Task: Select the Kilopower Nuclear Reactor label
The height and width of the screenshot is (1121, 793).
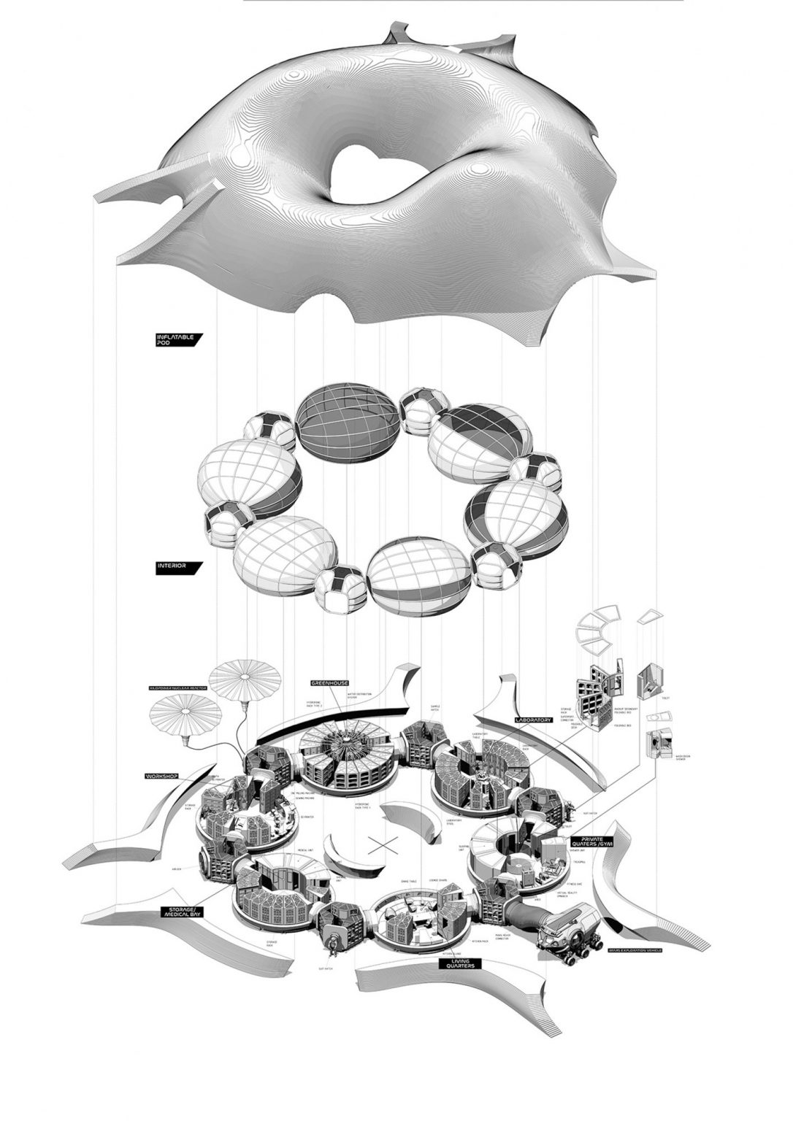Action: (x=180, y=688)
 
